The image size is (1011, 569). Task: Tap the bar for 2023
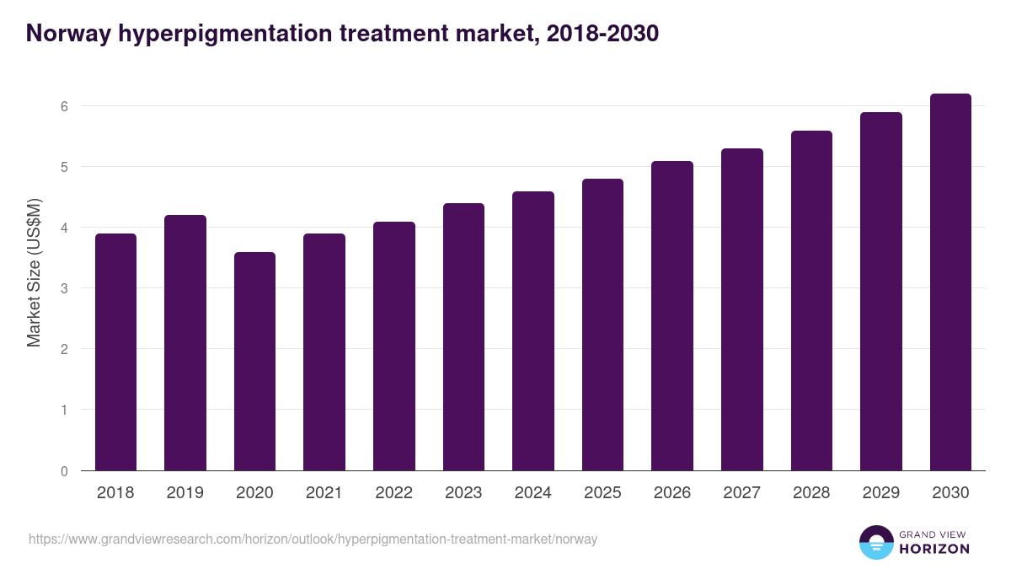tap(463, 336)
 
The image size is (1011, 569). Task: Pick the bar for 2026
tap(672, 315)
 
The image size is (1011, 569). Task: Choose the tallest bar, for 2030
tap(950, 282)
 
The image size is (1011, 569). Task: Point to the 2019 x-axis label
tap(185, 493)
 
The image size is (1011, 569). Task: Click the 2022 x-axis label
tap(393, 493)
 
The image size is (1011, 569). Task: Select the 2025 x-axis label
tap(602, 493)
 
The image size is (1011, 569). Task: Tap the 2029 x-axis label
tap(880, 493)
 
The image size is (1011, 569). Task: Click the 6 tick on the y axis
tap(63, 106)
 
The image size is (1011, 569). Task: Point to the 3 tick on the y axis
tap(63, 288)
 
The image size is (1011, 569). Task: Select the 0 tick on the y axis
tap(63, 471)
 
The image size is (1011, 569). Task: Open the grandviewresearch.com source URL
tap(313, 539)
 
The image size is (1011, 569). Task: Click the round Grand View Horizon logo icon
tap(875, 542)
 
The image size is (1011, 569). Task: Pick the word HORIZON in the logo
tap(935, 549)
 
